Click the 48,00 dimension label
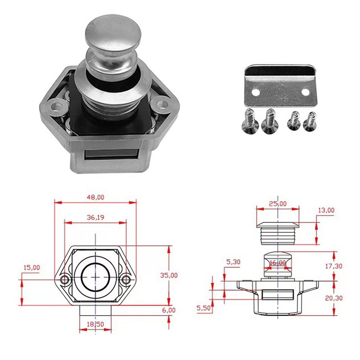[95, 197]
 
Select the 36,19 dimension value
[95, 217]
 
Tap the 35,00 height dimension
[169, 275]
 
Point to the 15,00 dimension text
[32, 268]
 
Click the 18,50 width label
[95, 324]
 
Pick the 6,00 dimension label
[169, 310]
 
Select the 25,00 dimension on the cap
[278, 204]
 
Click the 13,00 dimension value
[326, 210]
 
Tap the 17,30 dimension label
[334, 266]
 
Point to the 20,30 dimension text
[334, 298]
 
